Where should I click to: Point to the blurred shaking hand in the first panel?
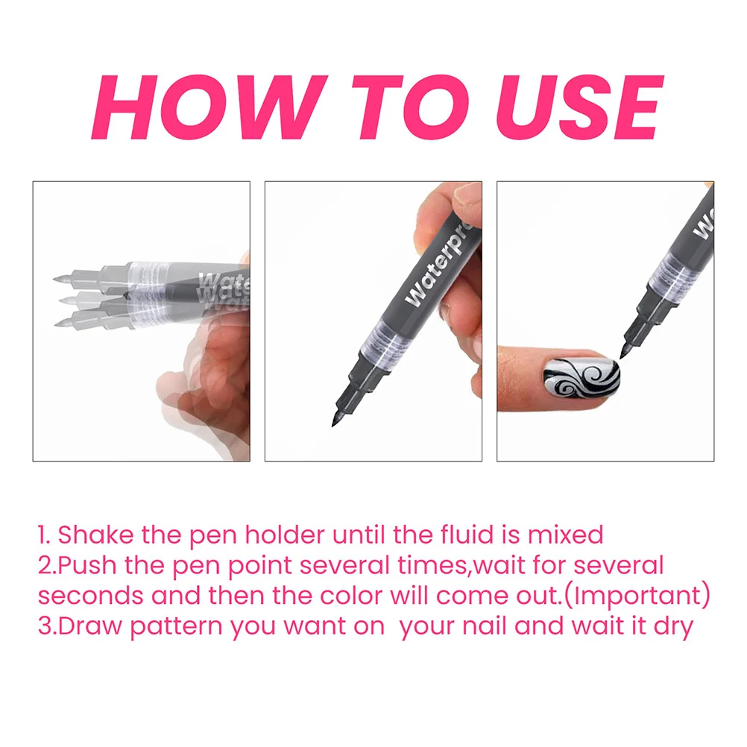tap(201, 373)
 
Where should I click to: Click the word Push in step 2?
tap(89, 565)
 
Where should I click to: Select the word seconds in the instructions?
tap(90, 596)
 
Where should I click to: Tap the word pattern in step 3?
tap(177, 627)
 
